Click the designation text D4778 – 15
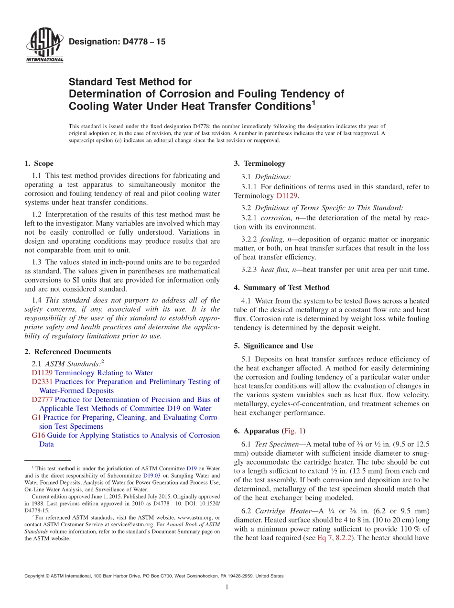coord(117,42)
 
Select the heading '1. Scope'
coord(39,163)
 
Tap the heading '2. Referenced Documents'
coord(67,352)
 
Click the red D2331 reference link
coord(42,382)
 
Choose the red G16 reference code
coord(38,435)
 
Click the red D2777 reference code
coord(42,400)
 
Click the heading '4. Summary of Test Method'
coord(282,288)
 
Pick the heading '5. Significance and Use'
coord(273,346)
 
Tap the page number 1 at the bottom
coord(227,587)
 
